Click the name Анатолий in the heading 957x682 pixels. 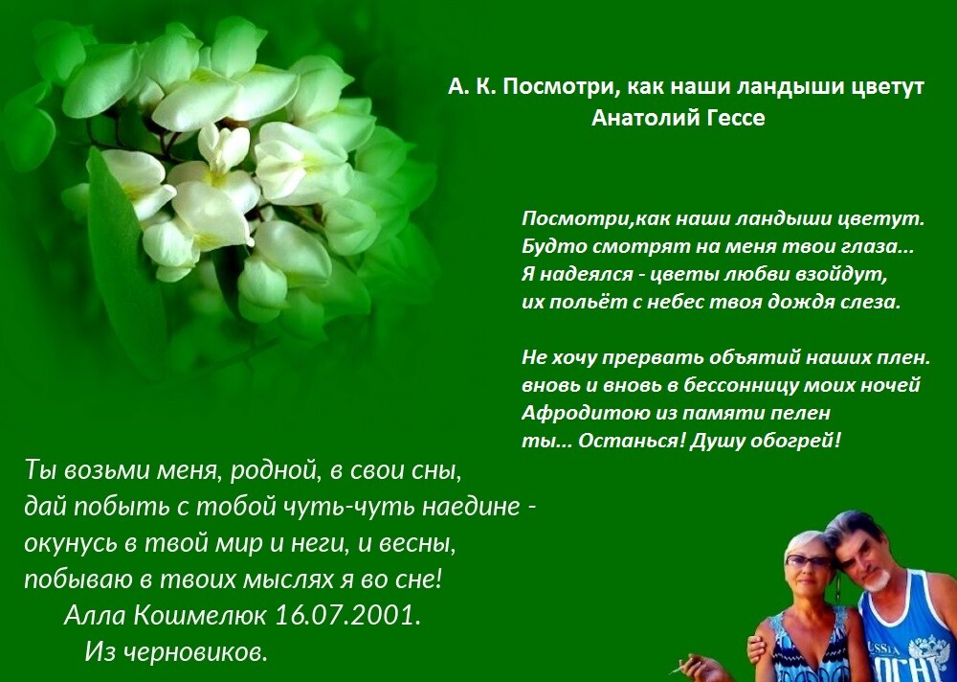pos(644,119)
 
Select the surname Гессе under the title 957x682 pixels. pos(735,119)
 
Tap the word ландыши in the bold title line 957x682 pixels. pos(788,87)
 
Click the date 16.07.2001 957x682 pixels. pos(348,615)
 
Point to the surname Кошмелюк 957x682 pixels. pos(198,615)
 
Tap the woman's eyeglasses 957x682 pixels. pos(809,559)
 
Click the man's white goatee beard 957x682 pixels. pos(877,580)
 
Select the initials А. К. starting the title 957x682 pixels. pos(473,88)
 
